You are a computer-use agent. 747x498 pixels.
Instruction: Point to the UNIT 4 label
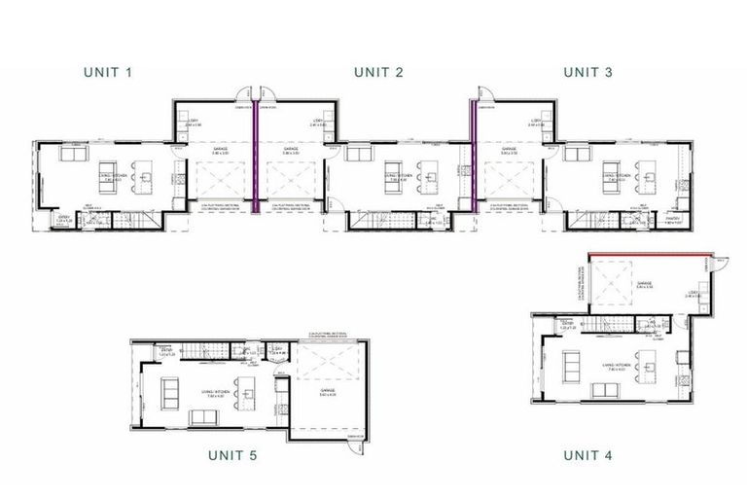pyautogui.click(x=588, y=454)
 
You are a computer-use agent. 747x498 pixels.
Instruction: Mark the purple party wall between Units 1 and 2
pyautogui.click(x=255, y=156)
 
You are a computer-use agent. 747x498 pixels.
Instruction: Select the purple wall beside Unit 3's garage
pyautogui.click(x=472, y=156)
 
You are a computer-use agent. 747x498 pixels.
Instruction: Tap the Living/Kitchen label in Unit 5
pyautogui.click(x=219, y=391)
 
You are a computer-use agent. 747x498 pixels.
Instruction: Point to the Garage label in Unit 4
pyautogui.click(x=643, y=284)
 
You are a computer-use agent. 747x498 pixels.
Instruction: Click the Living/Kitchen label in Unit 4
pyautogui.click(x=616, y=365)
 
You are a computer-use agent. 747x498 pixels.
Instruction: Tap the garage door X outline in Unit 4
pyautogui.click(x=614, y=287)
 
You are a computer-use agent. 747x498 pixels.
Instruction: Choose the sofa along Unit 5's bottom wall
pyautogui.click(x=203, y=417)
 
